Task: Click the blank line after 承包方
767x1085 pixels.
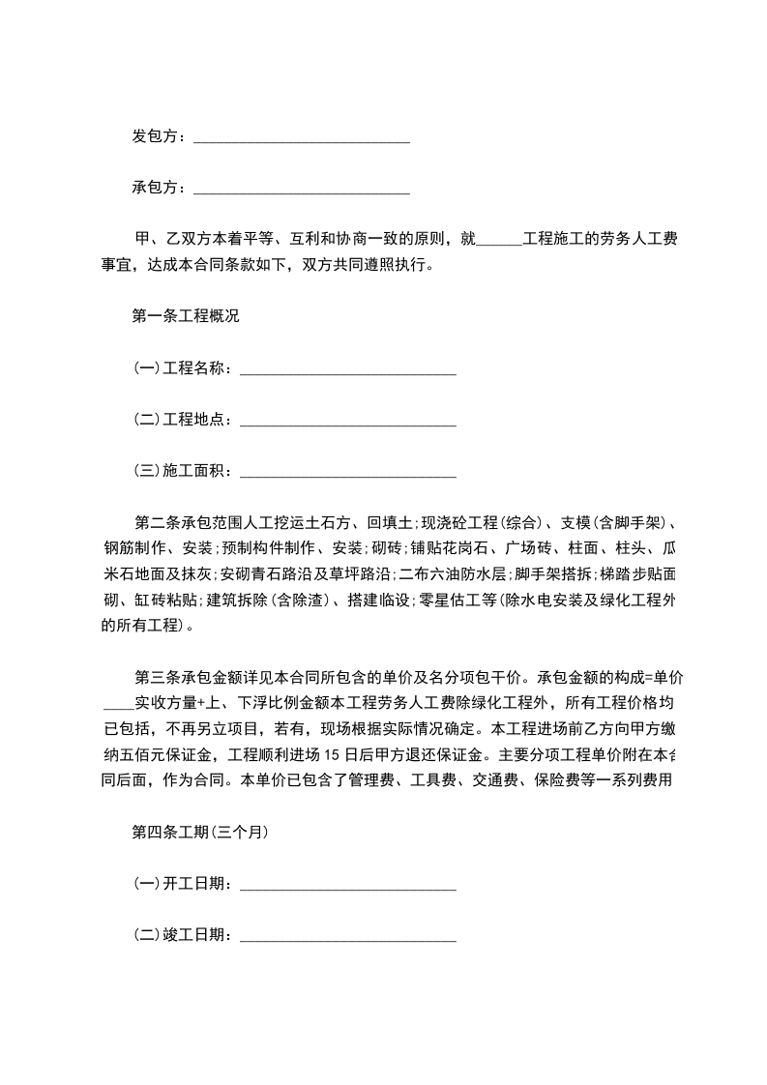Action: pyautogui.click(x=301, y=188)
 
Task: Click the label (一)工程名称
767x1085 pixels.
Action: pyautogui.click(x=181, y=367)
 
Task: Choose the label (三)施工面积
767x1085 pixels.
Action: pyautogui.click(x=181, y=471)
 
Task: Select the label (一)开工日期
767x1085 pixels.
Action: pyautogui.click(x=181, y=883)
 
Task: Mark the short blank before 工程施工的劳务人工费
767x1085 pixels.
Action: pyautogui.click(x=499, y=239)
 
